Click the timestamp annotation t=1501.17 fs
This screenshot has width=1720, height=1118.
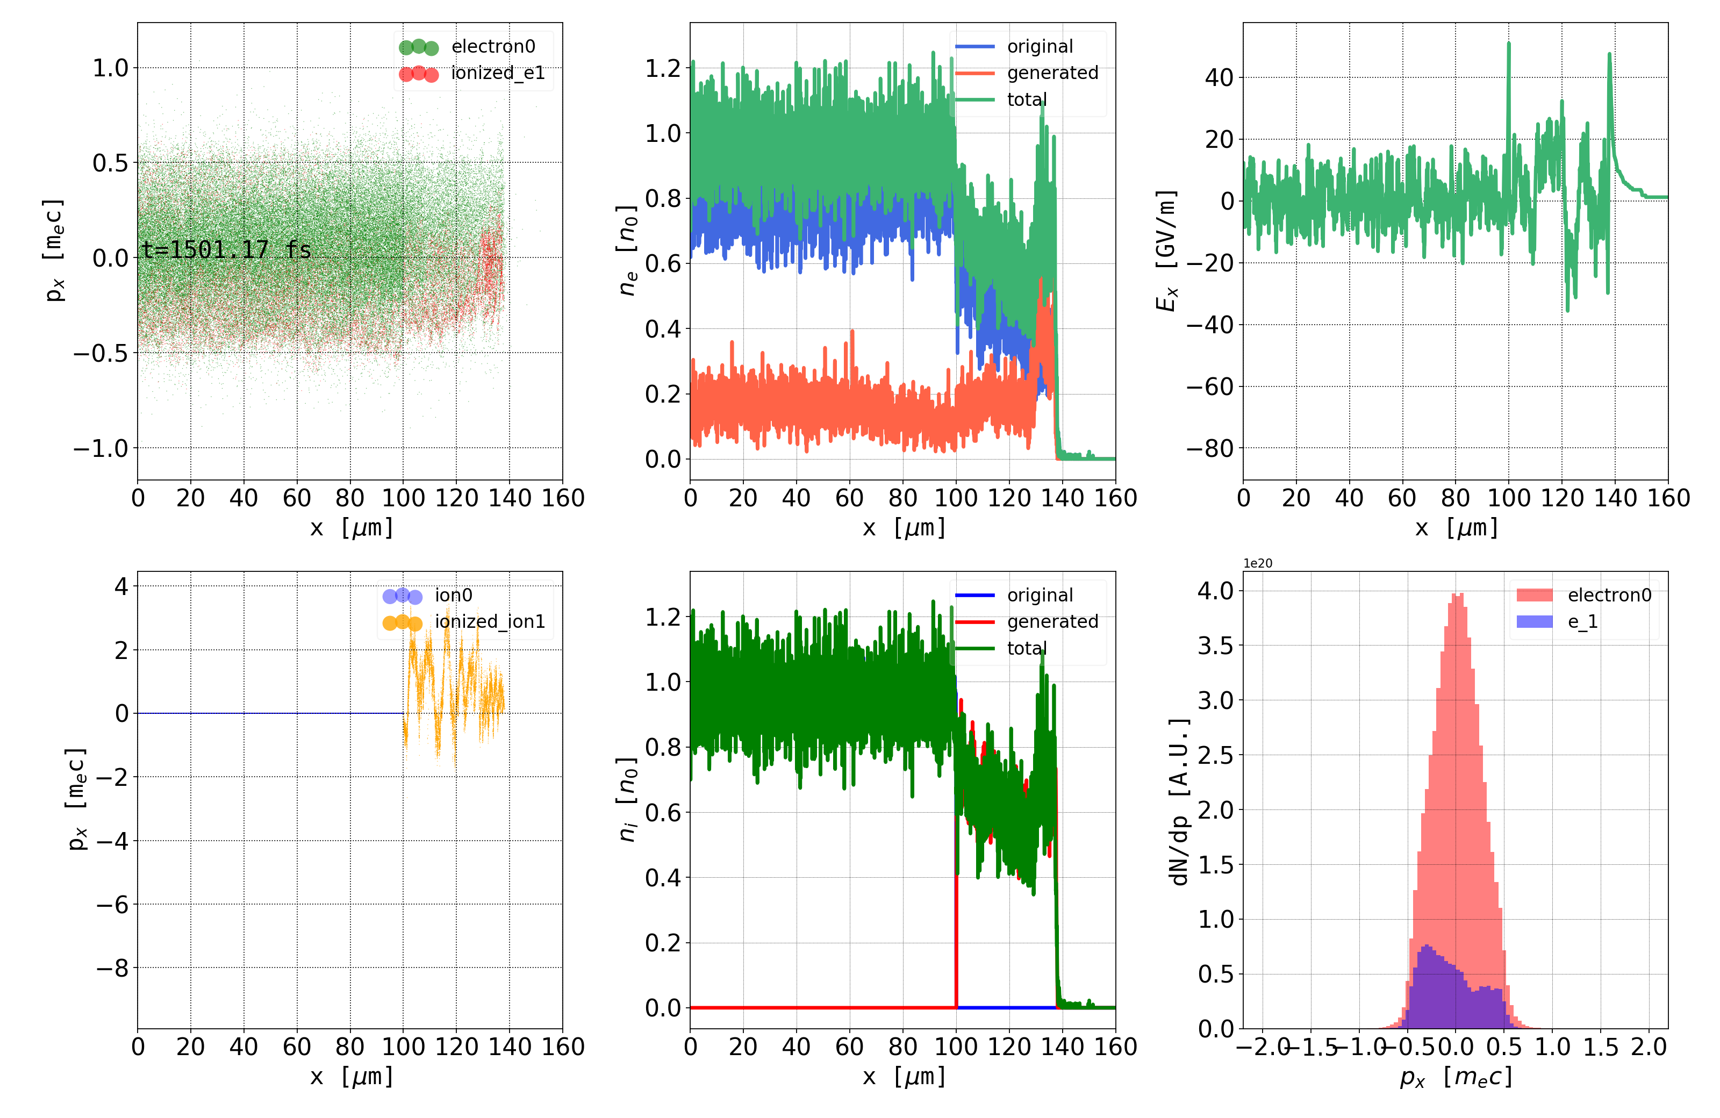tap(226, 250)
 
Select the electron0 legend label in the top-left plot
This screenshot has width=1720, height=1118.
tap(493, 47)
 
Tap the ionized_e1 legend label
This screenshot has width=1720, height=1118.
tap(497, 73)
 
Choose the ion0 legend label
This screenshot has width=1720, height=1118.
tap(453, 596)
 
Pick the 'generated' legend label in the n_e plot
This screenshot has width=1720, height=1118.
tap(1052, 73)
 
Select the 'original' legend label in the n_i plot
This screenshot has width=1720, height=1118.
tap(1040, 596)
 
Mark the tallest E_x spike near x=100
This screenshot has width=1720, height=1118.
tap(1508, 45)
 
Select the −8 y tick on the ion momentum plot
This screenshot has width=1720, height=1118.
tap(112, 967)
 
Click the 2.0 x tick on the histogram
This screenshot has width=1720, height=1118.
tap(1649, 1047)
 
